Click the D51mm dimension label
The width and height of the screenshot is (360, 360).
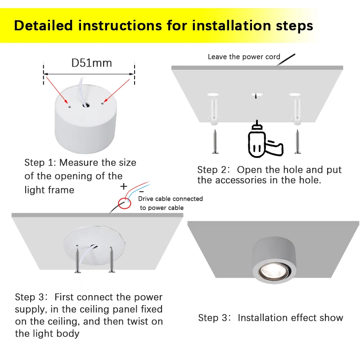[92, 63]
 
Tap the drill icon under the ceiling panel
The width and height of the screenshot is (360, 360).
[264, 139]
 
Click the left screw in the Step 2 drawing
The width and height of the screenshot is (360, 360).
[215, 141]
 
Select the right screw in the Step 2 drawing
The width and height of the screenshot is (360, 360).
[297, 141]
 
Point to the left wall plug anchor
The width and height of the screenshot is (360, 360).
[214, 111]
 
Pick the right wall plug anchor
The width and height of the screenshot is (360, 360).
[297, 111]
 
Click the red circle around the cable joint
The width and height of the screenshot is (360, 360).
[125, 203]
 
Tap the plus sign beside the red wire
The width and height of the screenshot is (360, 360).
[123, 186]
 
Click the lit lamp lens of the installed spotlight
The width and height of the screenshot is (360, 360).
[274, 272]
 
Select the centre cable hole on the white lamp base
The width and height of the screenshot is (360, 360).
[86, 106]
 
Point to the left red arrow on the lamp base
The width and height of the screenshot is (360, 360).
[57, 90]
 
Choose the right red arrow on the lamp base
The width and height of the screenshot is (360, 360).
[117, 91]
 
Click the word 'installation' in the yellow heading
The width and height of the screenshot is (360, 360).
[231, 25]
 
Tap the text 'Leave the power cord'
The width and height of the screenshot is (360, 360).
[244, 57]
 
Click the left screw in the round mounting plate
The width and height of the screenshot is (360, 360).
[77, 259]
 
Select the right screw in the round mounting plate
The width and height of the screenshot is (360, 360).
[112, 260]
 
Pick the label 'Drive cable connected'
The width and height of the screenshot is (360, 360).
[171, 198]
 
